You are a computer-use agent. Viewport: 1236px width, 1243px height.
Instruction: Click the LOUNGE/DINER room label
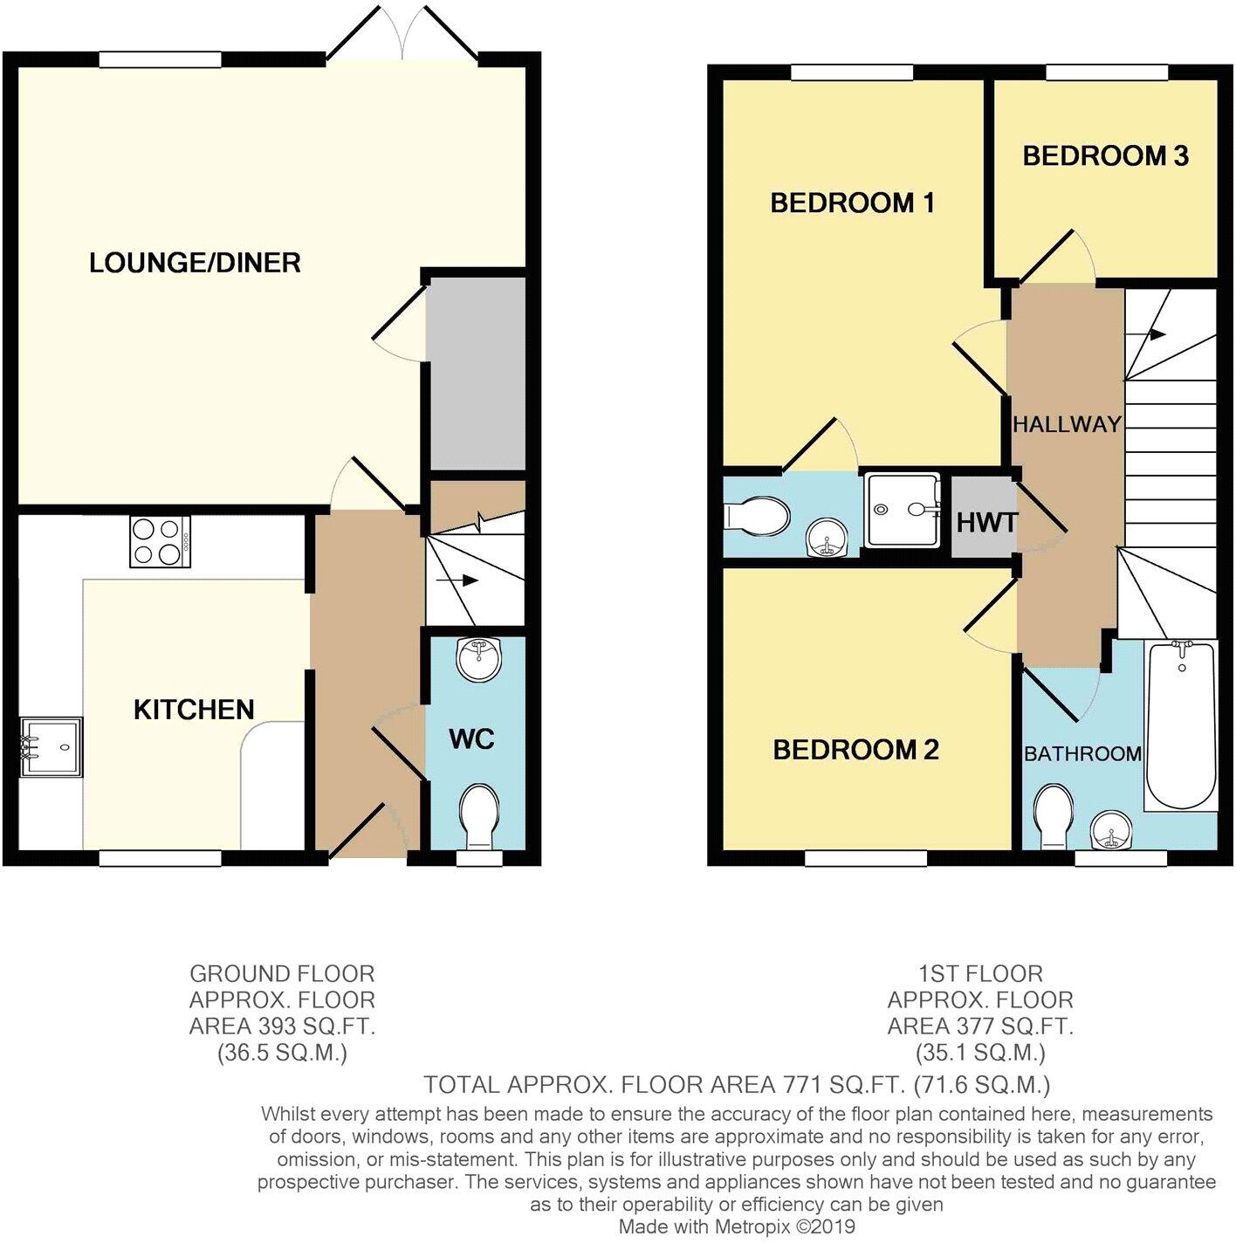(195, 263)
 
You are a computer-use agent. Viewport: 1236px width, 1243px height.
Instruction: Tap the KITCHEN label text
(194, 710)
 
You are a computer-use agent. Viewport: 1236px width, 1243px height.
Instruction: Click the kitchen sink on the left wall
(51, 746)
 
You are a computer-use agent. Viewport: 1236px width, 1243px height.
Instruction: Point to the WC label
(471, 739)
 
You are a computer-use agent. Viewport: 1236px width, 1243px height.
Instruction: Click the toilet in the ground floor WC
(478, 814)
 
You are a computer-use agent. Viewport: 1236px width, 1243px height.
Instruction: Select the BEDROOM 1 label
(852, 203)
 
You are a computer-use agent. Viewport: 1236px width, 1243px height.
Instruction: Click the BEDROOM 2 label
(855, 750)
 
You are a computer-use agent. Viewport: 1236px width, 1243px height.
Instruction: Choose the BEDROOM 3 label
(1105, 156)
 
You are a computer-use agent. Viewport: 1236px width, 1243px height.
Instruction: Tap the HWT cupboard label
(986, 523)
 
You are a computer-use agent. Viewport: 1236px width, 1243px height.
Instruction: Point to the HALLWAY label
(1067, 425)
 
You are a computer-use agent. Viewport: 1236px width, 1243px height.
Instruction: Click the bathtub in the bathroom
(1181, 725)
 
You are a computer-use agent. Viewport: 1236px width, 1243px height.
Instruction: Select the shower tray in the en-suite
(902, 511)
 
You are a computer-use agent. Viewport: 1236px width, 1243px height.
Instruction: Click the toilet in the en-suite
(757, 517)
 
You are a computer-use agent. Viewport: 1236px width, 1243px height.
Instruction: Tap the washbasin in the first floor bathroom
(1110, 830)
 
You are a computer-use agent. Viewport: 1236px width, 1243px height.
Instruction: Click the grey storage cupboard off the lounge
(477, 374)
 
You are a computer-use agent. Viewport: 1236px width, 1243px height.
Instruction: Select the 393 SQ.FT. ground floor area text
(282, 1027)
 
